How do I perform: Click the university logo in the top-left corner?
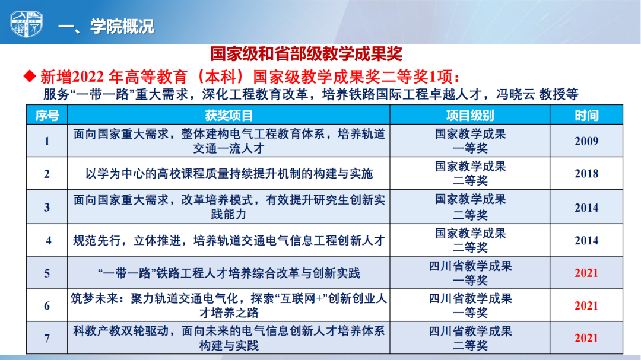[26, 24]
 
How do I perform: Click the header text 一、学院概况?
[106, 27]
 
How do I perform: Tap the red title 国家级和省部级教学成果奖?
[306, 54]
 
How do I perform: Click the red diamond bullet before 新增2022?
[30, 76]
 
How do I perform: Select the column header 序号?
[47, 116]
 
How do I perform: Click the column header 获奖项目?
[229, 116]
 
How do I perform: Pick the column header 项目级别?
[470, 116]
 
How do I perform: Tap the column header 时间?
[586, 116]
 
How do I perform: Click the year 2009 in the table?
[586, 141]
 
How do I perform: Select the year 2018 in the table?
[586, 174]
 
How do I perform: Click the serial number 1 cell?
[47, 141]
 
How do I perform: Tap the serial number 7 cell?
[47, 338]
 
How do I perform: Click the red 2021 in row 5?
[586, 273]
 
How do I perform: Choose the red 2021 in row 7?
[586, 338]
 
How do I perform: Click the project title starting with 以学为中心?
[229, 174]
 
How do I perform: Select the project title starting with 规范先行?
[229, 240]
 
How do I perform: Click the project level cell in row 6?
[470, 305]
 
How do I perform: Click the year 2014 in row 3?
[586, 208]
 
